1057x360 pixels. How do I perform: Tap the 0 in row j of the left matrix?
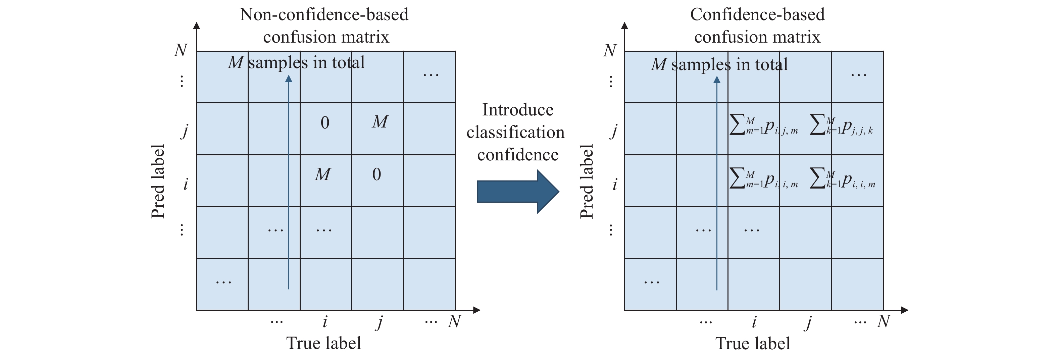click(x=324, y=123)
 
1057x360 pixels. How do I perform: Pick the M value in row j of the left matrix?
click(x=380, y=122)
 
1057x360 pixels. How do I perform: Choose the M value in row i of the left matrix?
click(x=322, y=174)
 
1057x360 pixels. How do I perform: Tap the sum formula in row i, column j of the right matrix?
click(x=842, y=178)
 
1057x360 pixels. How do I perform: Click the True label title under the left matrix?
click(x=324, y=343)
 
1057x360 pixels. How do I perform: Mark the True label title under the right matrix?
click(x=753, y=343)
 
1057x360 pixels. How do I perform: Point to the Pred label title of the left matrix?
click(x=158, y=181)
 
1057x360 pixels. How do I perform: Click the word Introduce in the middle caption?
click(x=518, y=110)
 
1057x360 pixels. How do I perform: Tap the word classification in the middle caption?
click(x=515, y=132)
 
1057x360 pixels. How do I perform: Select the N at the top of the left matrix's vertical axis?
click(x=181, y=50)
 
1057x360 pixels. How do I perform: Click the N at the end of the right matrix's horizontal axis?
click(x=884, y=321)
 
